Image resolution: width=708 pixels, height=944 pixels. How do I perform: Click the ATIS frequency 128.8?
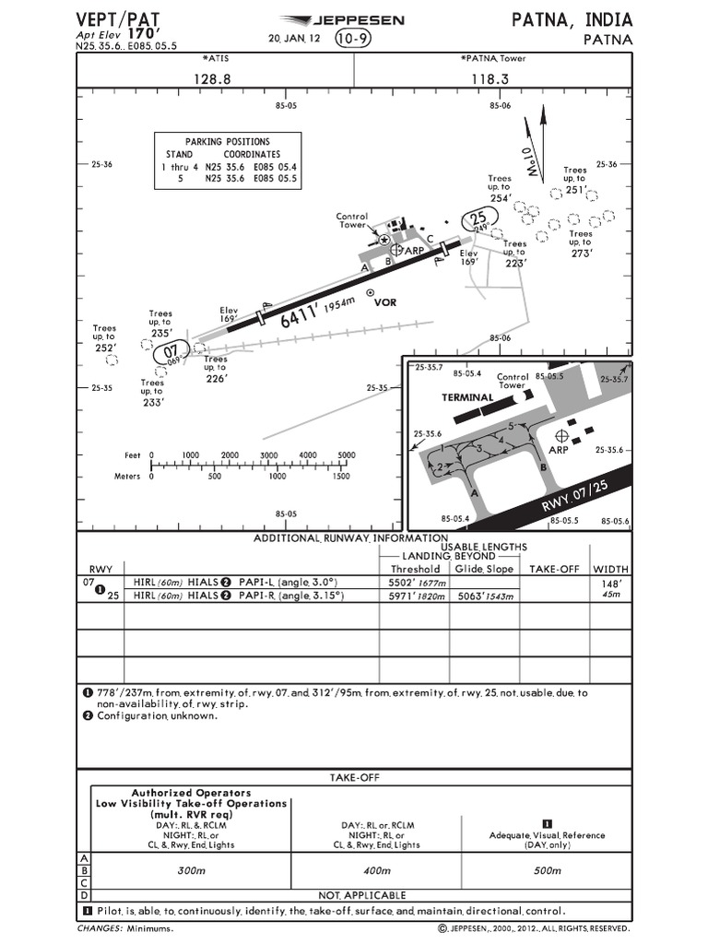pos(212,79)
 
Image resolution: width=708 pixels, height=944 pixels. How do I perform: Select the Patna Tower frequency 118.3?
pos(490,79)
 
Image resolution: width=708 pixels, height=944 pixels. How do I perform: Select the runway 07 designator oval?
pos(171,351)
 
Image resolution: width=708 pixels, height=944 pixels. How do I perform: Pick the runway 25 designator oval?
pos(479,219)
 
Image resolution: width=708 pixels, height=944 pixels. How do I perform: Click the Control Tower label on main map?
pos(352,220)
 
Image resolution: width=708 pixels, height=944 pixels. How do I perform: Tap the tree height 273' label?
pos(580,253)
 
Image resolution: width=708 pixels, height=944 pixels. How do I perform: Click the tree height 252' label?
pos(104,348)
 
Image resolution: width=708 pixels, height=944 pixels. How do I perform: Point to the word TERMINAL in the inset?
pos(468,397)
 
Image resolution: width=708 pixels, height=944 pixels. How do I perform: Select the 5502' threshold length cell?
pos(415,583)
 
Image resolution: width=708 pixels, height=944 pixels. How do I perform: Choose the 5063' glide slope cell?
pos(485,596)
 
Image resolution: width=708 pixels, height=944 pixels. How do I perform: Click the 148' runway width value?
pos(609,584)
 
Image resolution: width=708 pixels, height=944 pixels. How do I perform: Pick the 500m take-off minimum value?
pos(547,869)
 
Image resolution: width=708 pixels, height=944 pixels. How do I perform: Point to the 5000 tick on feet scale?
pos(347,455)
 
